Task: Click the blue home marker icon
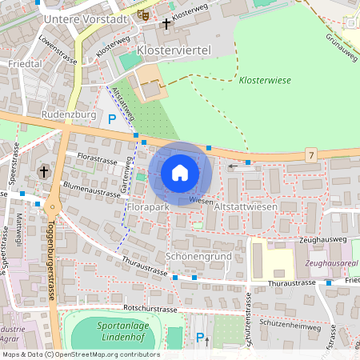(x=180, y=173)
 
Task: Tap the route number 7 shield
(x=310, y=154)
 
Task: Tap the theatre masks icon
(x=143, y=14)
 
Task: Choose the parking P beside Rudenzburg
(x=112, y=119)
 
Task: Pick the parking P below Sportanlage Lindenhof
(x=200, y=338)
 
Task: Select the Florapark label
(x=148, y=207)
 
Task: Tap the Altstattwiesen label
(x=246, y=207)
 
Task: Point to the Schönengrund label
(x=198, y=256)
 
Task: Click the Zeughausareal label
(x=332, y=262)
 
